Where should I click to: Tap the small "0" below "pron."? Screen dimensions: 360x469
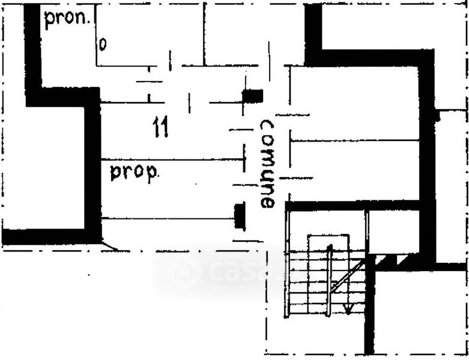click(103, 45)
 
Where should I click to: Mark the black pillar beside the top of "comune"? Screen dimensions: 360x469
click(253, 95)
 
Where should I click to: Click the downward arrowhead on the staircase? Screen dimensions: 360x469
click(347, 308)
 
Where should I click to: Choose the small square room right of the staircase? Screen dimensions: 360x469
click(393, 231)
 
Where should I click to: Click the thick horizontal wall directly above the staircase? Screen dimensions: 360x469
click(354, 206)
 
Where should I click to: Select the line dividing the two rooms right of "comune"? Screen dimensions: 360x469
click(354, 140)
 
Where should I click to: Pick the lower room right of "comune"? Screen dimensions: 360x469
click(354, 170)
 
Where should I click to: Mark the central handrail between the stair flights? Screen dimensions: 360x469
click(328, 282)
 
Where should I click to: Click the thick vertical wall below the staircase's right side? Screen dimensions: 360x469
click(369, 312)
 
